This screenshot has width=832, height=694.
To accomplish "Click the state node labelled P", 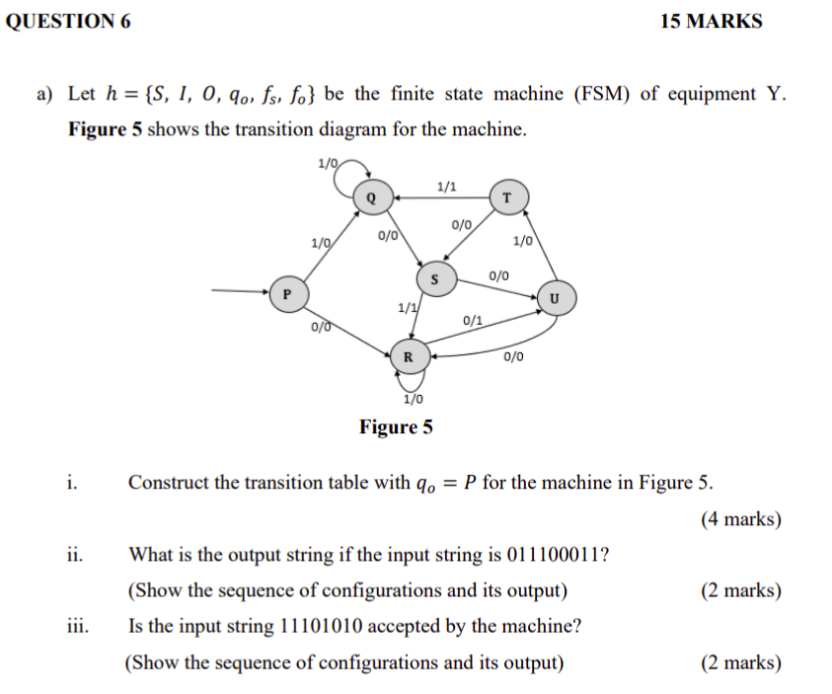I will click(286, 293).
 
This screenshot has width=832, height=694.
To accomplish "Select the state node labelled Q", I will click(371, 196).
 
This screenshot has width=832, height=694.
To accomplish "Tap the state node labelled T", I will click(506, 196).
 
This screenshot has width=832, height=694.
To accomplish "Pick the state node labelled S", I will click(434, 280).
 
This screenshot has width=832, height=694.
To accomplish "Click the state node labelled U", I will click(554, 297).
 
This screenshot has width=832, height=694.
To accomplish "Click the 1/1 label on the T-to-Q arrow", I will click(445, 185).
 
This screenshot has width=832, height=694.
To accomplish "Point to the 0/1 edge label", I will click(473, 321).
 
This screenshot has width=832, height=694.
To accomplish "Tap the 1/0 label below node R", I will click(414, 399).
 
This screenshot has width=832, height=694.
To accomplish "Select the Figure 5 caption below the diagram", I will click(396, 427).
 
